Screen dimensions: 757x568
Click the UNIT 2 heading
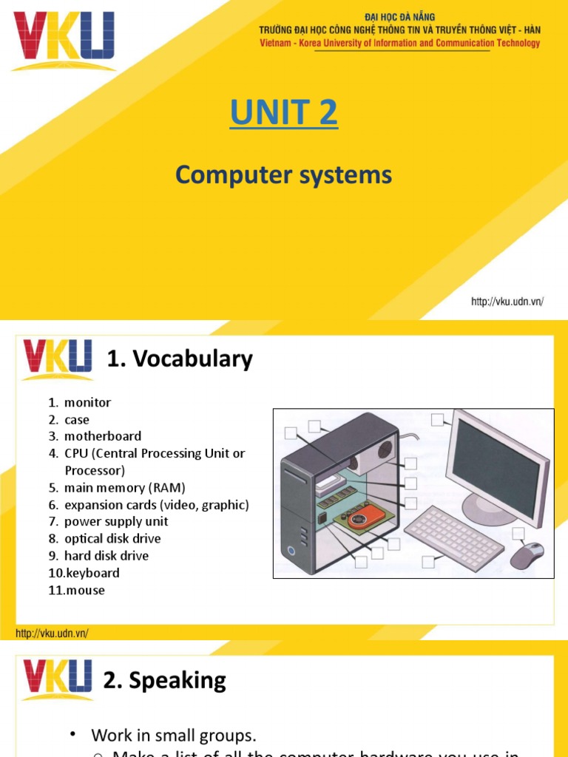[284, 113]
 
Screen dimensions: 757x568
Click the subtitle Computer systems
[284, 175]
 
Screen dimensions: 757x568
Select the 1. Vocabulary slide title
[180, 359]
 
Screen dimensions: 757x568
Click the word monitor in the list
[87, 403]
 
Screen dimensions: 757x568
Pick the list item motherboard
[102, 436]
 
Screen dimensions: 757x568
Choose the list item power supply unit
[115, 521]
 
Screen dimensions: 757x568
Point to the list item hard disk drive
[106, 556]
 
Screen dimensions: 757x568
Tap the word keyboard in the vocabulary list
[92, 573]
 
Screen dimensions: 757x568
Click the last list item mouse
[85, 590]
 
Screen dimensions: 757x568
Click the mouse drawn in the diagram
[527, 554]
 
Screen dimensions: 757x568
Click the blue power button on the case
[294, 551]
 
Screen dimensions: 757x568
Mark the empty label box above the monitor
[438, 420]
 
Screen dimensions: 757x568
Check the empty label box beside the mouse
[518, 534]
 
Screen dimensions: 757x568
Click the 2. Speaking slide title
[165, 680]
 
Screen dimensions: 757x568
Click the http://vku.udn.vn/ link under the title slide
[507, 302]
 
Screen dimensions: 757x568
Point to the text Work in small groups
[173, 736]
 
